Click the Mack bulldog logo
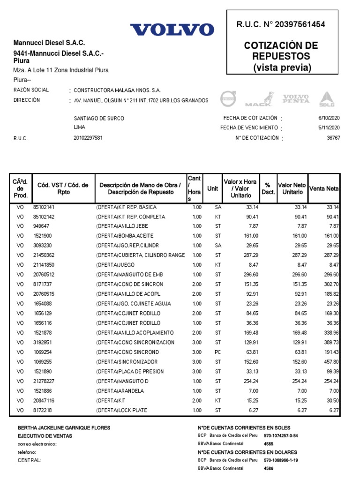[260, 99]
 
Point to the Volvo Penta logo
[295, 98]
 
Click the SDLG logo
[326, 99]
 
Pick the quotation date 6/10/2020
[329, 118]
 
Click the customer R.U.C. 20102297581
[88, 138]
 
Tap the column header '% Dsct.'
[268, 188]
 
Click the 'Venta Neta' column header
[324, 188]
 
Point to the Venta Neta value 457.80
[330, 362]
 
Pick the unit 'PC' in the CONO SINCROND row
[217, 352]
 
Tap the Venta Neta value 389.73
[330, 342]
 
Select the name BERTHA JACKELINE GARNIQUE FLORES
[64, 428]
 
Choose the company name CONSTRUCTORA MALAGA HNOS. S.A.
[117, 90]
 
